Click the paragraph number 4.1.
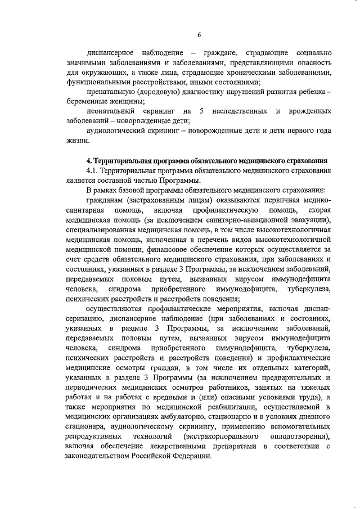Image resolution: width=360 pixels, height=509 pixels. click(92, 170)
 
